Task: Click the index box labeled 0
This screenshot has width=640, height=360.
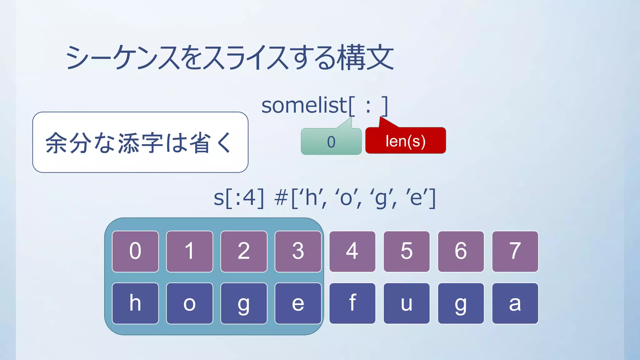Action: pos(135,251)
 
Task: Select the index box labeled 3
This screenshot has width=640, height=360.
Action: pos(298,251)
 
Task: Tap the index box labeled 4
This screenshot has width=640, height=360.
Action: pos(352,251)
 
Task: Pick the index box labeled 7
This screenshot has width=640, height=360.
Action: pos(515,251)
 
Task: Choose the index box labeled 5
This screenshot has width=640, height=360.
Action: pos(407,251)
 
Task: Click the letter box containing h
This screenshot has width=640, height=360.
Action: pos(135,303)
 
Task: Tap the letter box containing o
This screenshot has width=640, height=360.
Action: pos(190,303)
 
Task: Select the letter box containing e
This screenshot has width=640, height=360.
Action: pos(298,303)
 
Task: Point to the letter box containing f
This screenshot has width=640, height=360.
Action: pos(352,303)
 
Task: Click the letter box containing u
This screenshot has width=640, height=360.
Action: pos(407,303)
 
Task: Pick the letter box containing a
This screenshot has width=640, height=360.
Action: pos(515,303)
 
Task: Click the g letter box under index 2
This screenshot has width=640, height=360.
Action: pos(244,303)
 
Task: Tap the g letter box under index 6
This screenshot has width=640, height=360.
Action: pos(461,303)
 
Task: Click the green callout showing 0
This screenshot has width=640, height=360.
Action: pos(331,142)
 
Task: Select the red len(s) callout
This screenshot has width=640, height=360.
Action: pos(405,141)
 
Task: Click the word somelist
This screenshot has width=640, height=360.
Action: pos(304,106)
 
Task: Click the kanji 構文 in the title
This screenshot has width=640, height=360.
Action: pos(367,58)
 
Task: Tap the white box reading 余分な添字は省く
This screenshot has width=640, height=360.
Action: pos(140,142)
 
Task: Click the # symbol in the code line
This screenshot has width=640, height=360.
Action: pos(281,198)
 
